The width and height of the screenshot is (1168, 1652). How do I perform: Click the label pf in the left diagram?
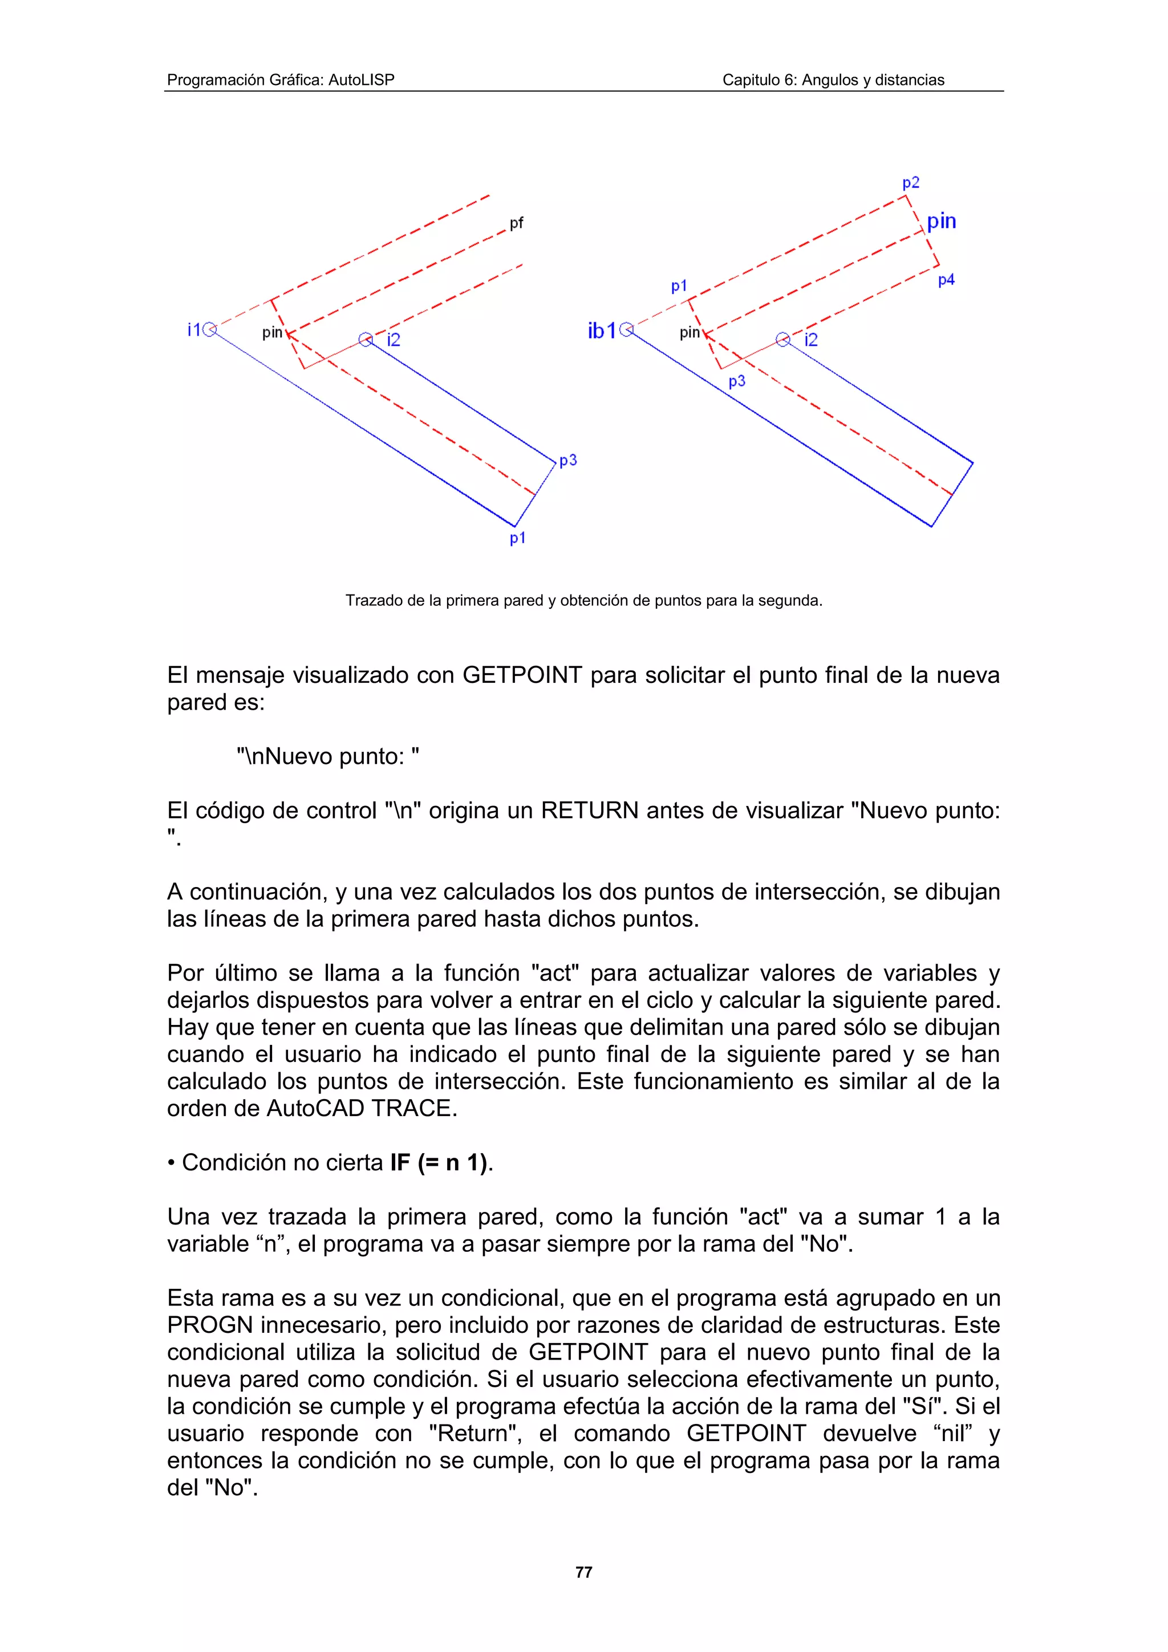516,223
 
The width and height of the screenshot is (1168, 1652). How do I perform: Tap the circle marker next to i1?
209,329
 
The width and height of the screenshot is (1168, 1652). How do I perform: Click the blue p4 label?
946,280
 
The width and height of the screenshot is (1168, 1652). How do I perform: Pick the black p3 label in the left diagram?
568,461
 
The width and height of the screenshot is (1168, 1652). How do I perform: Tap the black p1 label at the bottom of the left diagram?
517,538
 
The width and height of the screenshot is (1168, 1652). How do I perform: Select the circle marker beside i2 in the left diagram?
366,340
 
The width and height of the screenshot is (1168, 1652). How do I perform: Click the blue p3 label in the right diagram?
736,381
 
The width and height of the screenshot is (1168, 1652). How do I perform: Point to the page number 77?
583,1572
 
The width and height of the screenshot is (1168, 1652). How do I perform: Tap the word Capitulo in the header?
748,80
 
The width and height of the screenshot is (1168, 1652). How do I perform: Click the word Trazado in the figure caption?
370,600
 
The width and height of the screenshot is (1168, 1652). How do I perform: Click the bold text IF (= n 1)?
440,1163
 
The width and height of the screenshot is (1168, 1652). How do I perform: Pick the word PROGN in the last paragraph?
209,1325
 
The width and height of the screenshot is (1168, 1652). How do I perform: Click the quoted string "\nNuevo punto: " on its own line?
327,756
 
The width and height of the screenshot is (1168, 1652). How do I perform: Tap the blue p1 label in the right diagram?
679,286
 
